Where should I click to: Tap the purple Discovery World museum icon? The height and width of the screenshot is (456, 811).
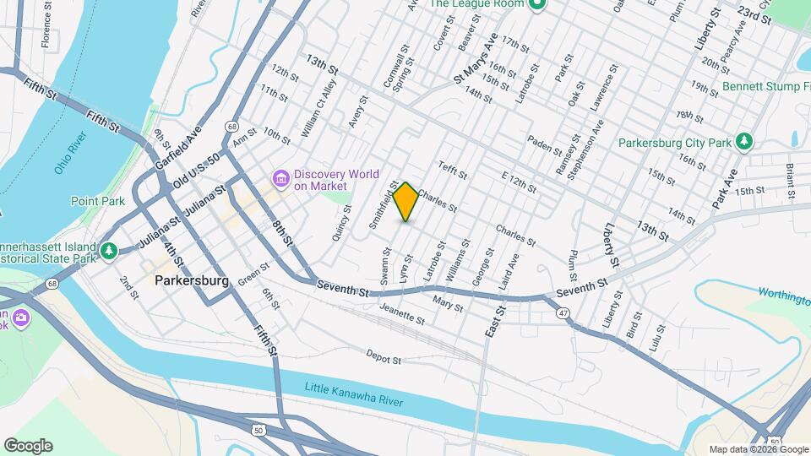281,179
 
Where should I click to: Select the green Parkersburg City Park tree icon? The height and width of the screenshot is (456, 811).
744,142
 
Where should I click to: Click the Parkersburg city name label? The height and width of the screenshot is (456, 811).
192,281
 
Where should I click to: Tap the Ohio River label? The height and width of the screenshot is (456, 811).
71,153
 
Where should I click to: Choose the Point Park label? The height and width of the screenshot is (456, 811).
98,201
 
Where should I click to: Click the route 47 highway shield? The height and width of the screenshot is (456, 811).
563,314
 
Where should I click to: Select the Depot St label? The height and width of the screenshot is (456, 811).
384,359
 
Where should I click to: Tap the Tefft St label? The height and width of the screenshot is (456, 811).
454,171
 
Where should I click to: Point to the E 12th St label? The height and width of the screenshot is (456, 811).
519,182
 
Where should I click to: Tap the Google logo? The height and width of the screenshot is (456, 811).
27,446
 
